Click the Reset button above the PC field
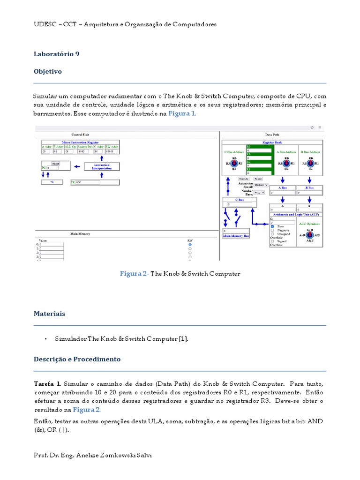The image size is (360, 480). (56, 163)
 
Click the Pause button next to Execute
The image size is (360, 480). (258, 179)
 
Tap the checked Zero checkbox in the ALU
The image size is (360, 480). (272, 226)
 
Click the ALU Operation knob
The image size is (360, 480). (309, 235)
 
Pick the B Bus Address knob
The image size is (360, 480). (310, 164)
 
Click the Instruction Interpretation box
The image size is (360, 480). (102, 166)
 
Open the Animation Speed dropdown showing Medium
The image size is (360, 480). (261, 185)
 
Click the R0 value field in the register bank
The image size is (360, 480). (259, 150)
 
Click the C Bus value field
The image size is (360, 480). (239, 204)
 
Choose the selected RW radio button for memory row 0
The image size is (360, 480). (190, 245)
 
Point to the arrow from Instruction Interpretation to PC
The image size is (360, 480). (77, 166)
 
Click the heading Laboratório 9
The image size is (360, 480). (56, 54)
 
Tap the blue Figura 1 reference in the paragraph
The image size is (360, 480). (182, 114)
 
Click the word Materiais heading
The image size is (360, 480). (49, 314)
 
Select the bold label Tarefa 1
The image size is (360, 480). (47, 383)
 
